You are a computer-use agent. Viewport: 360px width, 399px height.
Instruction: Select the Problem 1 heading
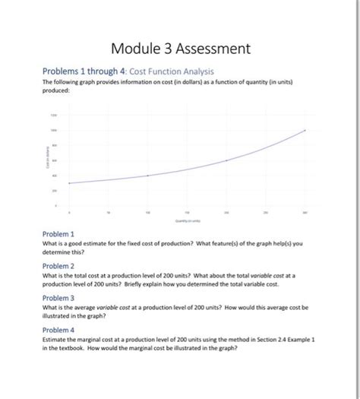coord(58,233)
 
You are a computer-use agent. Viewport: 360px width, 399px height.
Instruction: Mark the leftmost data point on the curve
coord(70,183)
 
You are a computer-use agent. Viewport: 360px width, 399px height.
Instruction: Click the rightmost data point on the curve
coord(305,131)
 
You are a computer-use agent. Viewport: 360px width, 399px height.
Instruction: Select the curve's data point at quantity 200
coord(226,160)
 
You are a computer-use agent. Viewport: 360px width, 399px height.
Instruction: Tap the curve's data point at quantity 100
coord(148,176)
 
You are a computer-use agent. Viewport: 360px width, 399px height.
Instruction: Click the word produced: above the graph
coord(55,89)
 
